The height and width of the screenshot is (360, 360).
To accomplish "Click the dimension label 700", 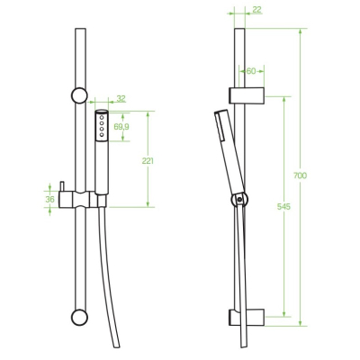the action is [300, 175].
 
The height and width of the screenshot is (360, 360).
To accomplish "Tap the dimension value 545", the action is [283, 207].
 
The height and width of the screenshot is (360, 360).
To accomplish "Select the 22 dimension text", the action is [256, 10].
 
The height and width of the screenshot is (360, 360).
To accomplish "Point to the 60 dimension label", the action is [251, 71].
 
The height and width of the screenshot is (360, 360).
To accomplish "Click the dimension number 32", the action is [121, 98].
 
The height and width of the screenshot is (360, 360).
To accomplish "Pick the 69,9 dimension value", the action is [121, 127].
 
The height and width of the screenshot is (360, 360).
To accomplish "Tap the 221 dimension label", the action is [148, 161].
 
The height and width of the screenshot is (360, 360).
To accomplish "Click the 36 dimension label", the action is [49, 199].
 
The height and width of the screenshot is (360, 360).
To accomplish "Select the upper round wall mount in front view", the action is [79, 95].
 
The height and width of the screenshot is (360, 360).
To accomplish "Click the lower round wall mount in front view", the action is [79, 317].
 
